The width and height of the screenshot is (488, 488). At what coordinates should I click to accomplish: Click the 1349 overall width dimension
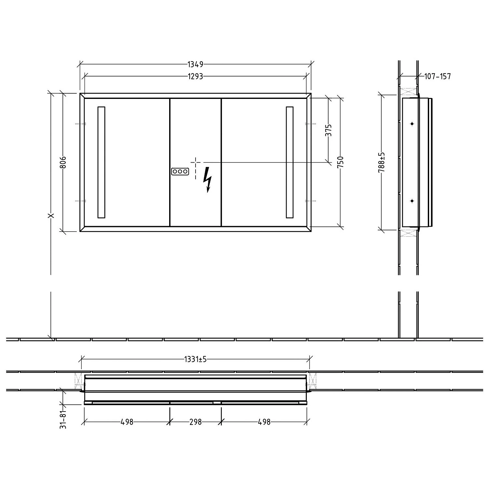click(x=195, y=64)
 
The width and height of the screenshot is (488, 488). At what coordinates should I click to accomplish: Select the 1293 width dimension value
click(x=195, y=76)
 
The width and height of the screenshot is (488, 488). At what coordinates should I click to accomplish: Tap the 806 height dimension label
click(x=63, y=162)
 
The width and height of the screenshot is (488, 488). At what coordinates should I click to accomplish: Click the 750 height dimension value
click(x=340, y=162)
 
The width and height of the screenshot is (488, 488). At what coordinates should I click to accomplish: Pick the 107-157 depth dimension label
click(x=438, y=76)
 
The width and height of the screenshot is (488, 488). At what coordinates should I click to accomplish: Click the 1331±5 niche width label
click(x=195, y=359)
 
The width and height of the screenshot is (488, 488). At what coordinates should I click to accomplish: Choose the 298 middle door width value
click(x=196, y=422)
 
